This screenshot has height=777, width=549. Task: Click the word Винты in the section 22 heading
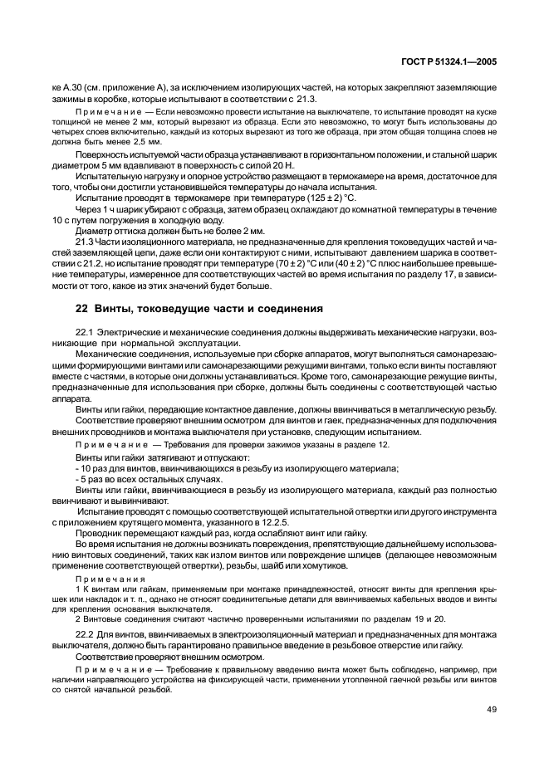pos(114,309)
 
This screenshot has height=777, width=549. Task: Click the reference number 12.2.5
pos(246,523)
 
